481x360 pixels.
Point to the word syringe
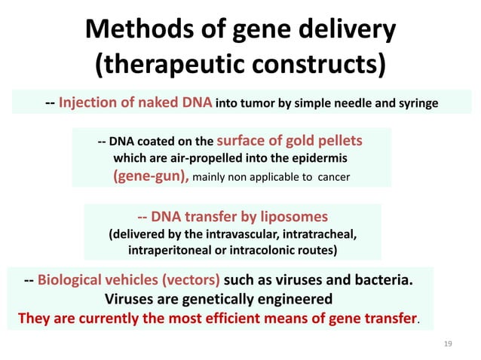tap(414, 102)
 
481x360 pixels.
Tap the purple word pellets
tap(337, 140)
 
